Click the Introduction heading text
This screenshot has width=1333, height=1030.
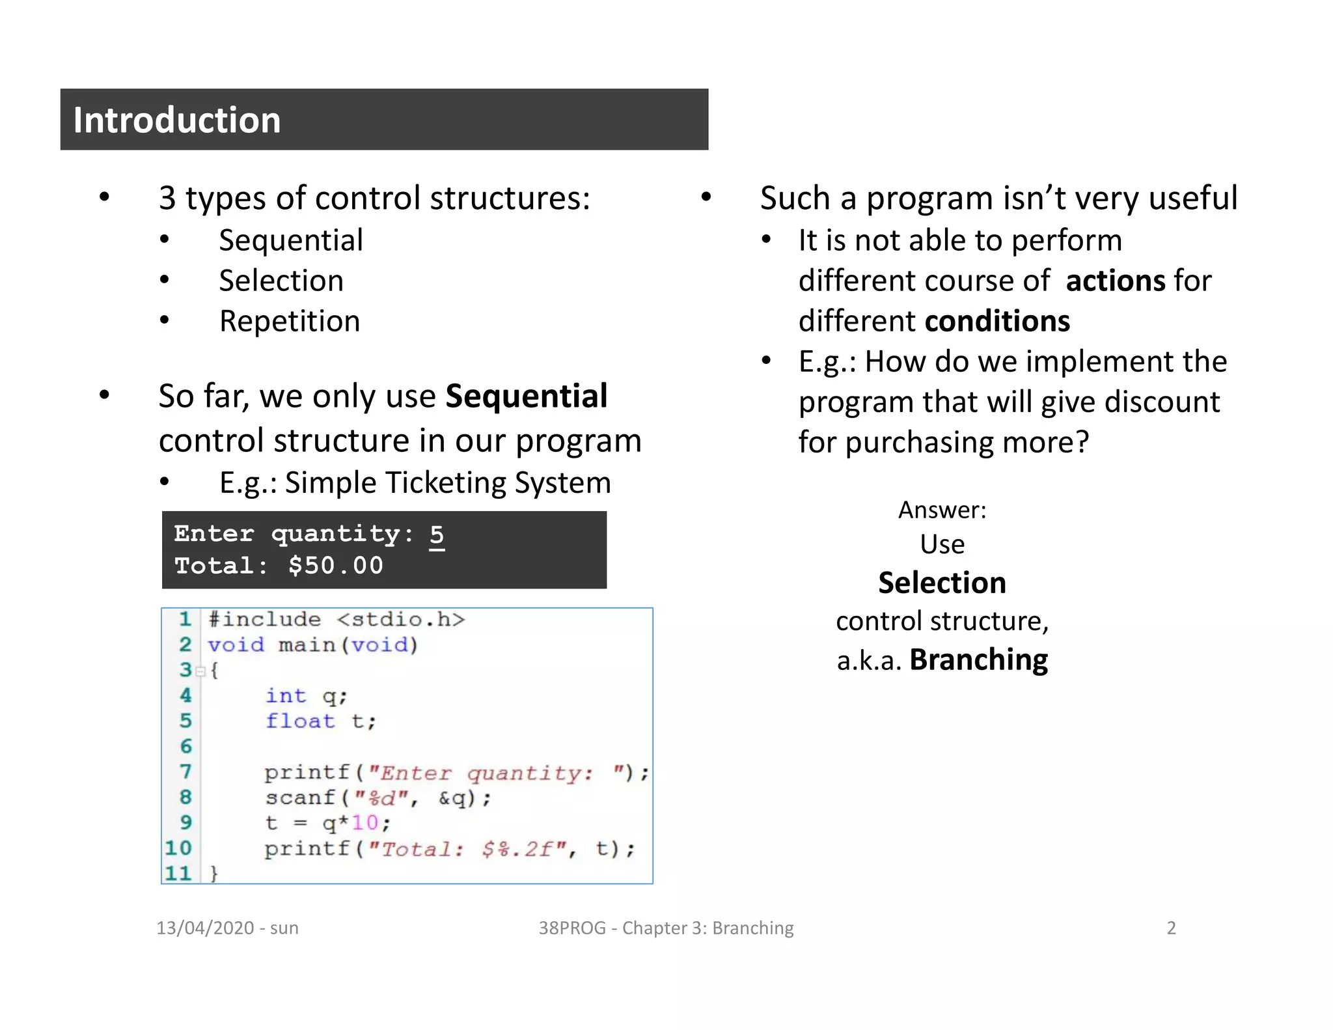pyautogui.click(x=176, y=120)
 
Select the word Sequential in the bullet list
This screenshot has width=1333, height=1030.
pyautogui.click(x=291, y=241)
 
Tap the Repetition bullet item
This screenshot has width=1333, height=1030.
pyautogui.click(x=290, y=322)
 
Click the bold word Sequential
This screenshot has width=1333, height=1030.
pyautogui.click(x=526, y=397)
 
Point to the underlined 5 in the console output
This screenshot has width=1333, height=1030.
pyautogui.click(x=437, y=535)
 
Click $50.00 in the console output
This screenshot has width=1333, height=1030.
pyautogui.click(x=336, y=566)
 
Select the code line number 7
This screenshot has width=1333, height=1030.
pyautogui.click(x=186, y=772)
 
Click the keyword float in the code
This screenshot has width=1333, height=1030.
pyautogui.click(x=300, y=721)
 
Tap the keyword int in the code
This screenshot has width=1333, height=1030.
pyautogui.click(x=285, y=696)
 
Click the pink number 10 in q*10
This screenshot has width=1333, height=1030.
pyautogui.click(x=364, y=823)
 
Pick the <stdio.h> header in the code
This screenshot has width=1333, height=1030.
pyautogui.click(x=401, y=619)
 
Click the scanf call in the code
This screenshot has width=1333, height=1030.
pyautogui.click(x=300, y=798)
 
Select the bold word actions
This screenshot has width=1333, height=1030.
pyautogui.click(x=1116, y=281)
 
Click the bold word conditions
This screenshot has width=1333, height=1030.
pyautogui.click(x=997, y=322)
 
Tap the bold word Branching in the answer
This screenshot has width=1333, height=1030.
pyautogui.click(x=978, y=660)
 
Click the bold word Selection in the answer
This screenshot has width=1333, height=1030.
pyautogui.click(x=942, y=583)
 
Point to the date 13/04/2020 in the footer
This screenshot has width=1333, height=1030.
pyautogui.click(x=205, y=928)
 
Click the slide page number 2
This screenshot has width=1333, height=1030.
pyautogui.click(x=1171, y=928)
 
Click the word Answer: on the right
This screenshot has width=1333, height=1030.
pyautogui.click(x=942, y=510)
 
